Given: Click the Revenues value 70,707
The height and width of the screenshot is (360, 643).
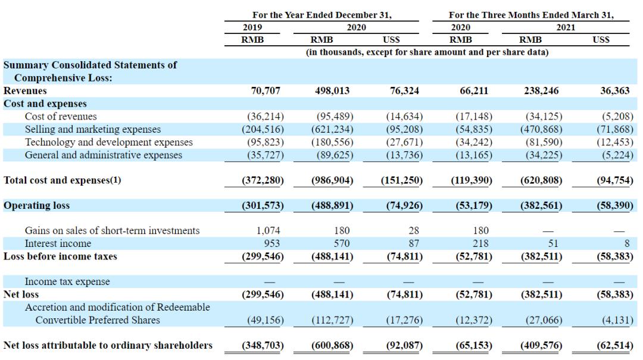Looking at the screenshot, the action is click(x=266, y=90).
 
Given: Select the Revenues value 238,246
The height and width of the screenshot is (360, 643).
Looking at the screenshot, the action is click(x=541, y=90).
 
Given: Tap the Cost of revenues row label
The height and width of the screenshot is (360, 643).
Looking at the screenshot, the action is click(x=61, y=117).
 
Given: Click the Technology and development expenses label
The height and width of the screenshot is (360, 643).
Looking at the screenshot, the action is click(x=109, y=142).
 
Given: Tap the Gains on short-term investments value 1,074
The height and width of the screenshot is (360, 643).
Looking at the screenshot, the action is click(x=268, y=230).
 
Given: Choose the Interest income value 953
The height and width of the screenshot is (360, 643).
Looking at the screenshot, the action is click(x=272, y=243).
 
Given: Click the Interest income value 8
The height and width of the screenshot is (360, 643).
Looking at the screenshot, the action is click(x=626, y=243).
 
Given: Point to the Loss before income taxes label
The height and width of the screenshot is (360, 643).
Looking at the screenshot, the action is click(x=60, y=256).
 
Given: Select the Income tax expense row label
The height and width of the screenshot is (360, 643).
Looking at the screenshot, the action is click(x=67, y=281).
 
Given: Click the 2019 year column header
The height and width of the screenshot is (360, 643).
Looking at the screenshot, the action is click(x=252, y=27).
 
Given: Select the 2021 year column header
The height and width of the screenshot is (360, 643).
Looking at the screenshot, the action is click(x=566, y=27).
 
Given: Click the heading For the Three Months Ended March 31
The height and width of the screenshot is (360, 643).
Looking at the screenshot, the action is click(x=531, y=15).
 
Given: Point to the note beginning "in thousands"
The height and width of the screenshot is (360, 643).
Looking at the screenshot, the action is click(x=427, y=52).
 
